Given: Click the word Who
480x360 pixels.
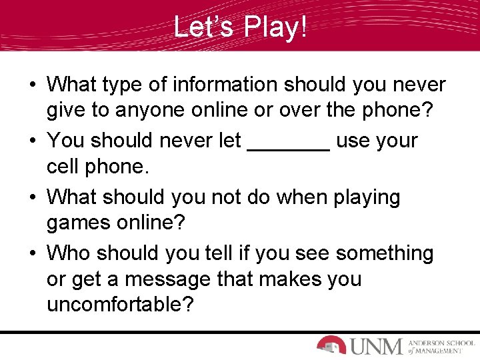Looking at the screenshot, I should [69, 254].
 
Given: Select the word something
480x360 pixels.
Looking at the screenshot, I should [384, 254].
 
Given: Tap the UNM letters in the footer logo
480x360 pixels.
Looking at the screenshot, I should [376, 346].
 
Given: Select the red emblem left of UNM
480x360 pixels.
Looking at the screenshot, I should [331, 345].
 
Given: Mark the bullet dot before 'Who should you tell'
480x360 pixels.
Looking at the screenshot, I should [32, 254].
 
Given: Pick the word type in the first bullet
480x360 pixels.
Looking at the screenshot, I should [122, 85].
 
